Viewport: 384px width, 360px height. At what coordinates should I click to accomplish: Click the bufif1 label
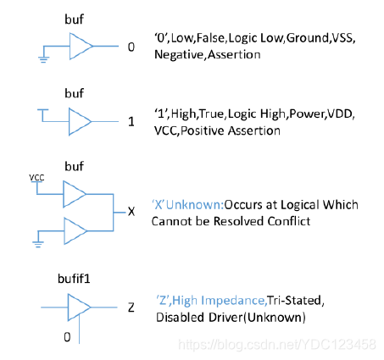74,279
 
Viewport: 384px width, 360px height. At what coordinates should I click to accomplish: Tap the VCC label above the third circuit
36,178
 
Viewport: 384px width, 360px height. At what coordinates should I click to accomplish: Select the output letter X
131,211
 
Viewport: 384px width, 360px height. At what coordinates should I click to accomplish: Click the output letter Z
131,307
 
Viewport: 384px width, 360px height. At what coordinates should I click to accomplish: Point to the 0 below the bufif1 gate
67,337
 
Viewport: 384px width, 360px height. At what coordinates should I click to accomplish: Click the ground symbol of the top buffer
43,59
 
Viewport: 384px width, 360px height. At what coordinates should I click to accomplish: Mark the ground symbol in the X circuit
38,244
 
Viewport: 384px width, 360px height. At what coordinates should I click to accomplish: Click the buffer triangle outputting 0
81,47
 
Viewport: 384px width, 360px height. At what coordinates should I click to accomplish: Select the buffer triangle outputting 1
80,122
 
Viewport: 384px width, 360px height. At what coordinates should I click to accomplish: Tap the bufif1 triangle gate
78,307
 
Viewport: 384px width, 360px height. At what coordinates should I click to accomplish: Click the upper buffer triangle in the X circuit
74,194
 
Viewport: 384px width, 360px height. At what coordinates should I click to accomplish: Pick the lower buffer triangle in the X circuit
75,231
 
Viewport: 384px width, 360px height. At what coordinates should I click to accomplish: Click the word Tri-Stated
294,301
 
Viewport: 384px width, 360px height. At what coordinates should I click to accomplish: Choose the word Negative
179,55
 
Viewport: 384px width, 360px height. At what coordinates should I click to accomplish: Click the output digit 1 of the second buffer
131,122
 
